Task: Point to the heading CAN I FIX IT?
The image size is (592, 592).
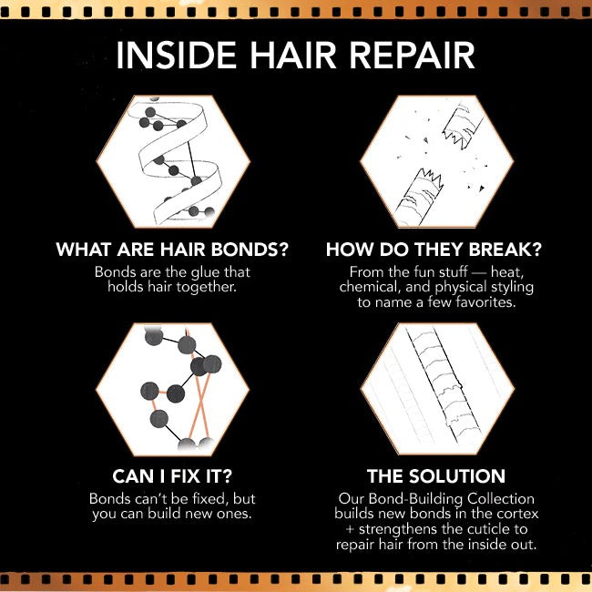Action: click(x=172, y=476)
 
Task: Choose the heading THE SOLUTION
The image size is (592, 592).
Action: click(x=435, y=476)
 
